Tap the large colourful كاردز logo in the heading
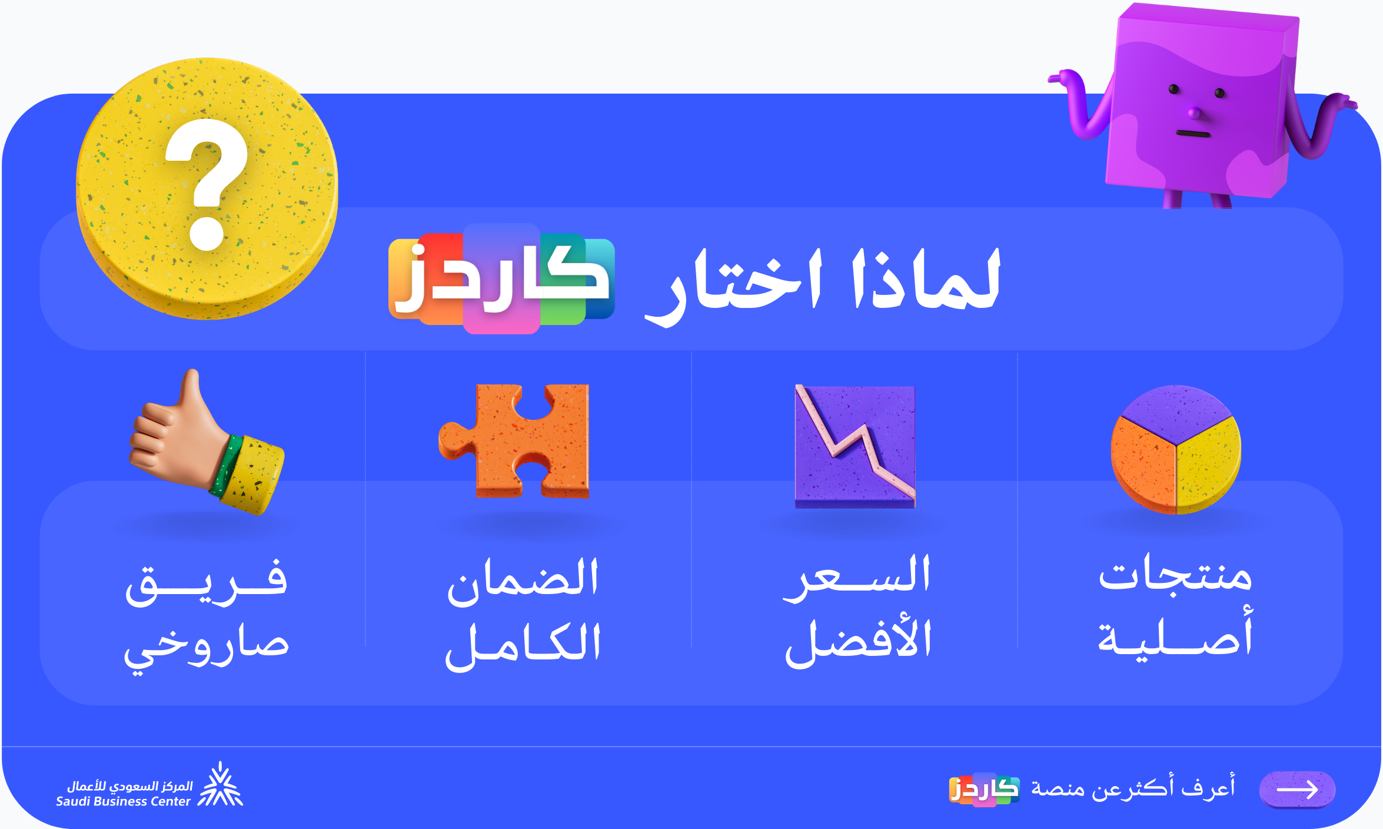tap(501, 278)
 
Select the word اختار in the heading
tap(733, 286)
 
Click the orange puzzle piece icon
tap(514, 441)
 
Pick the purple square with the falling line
tap(855, 446)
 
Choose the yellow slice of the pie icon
tap(1209, 465)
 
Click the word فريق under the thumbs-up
tap(206, 583)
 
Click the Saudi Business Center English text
tap(123, 801)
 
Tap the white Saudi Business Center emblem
tap(220, 784)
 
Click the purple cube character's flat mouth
tap(1193, 134)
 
